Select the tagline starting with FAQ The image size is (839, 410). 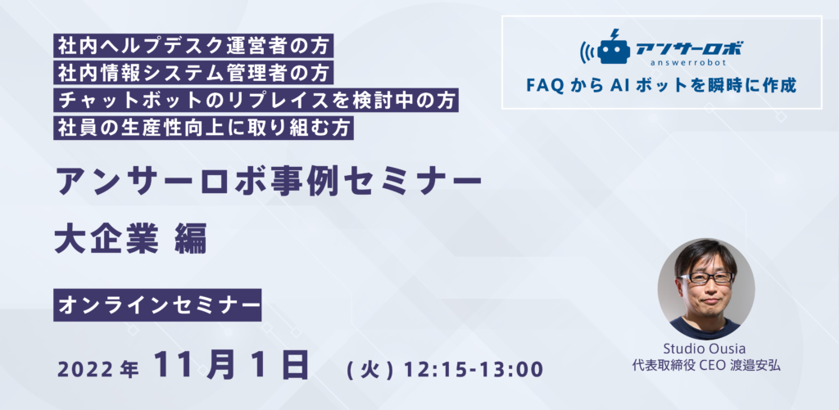[x=661, y=85]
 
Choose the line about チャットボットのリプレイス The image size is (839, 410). [x=256, y=101]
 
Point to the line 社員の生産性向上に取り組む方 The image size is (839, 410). [x=203, y=128]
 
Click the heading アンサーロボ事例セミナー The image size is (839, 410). [x=269, y=182]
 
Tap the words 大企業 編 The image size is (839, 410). [x=130, y=241]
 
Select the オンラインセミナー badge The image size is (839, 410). [x=157, y=305]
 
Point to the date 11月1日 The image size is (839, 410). [x=232, y=364]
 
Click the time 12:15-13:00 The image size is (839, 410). [x=474, y=369]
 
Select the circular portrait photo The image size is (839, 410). [x=706, y=289]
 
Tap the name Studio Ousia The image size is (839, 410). [x=706, y=349]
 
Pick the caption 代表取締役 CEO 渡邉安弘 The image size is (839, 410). [x=706, y=367]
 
